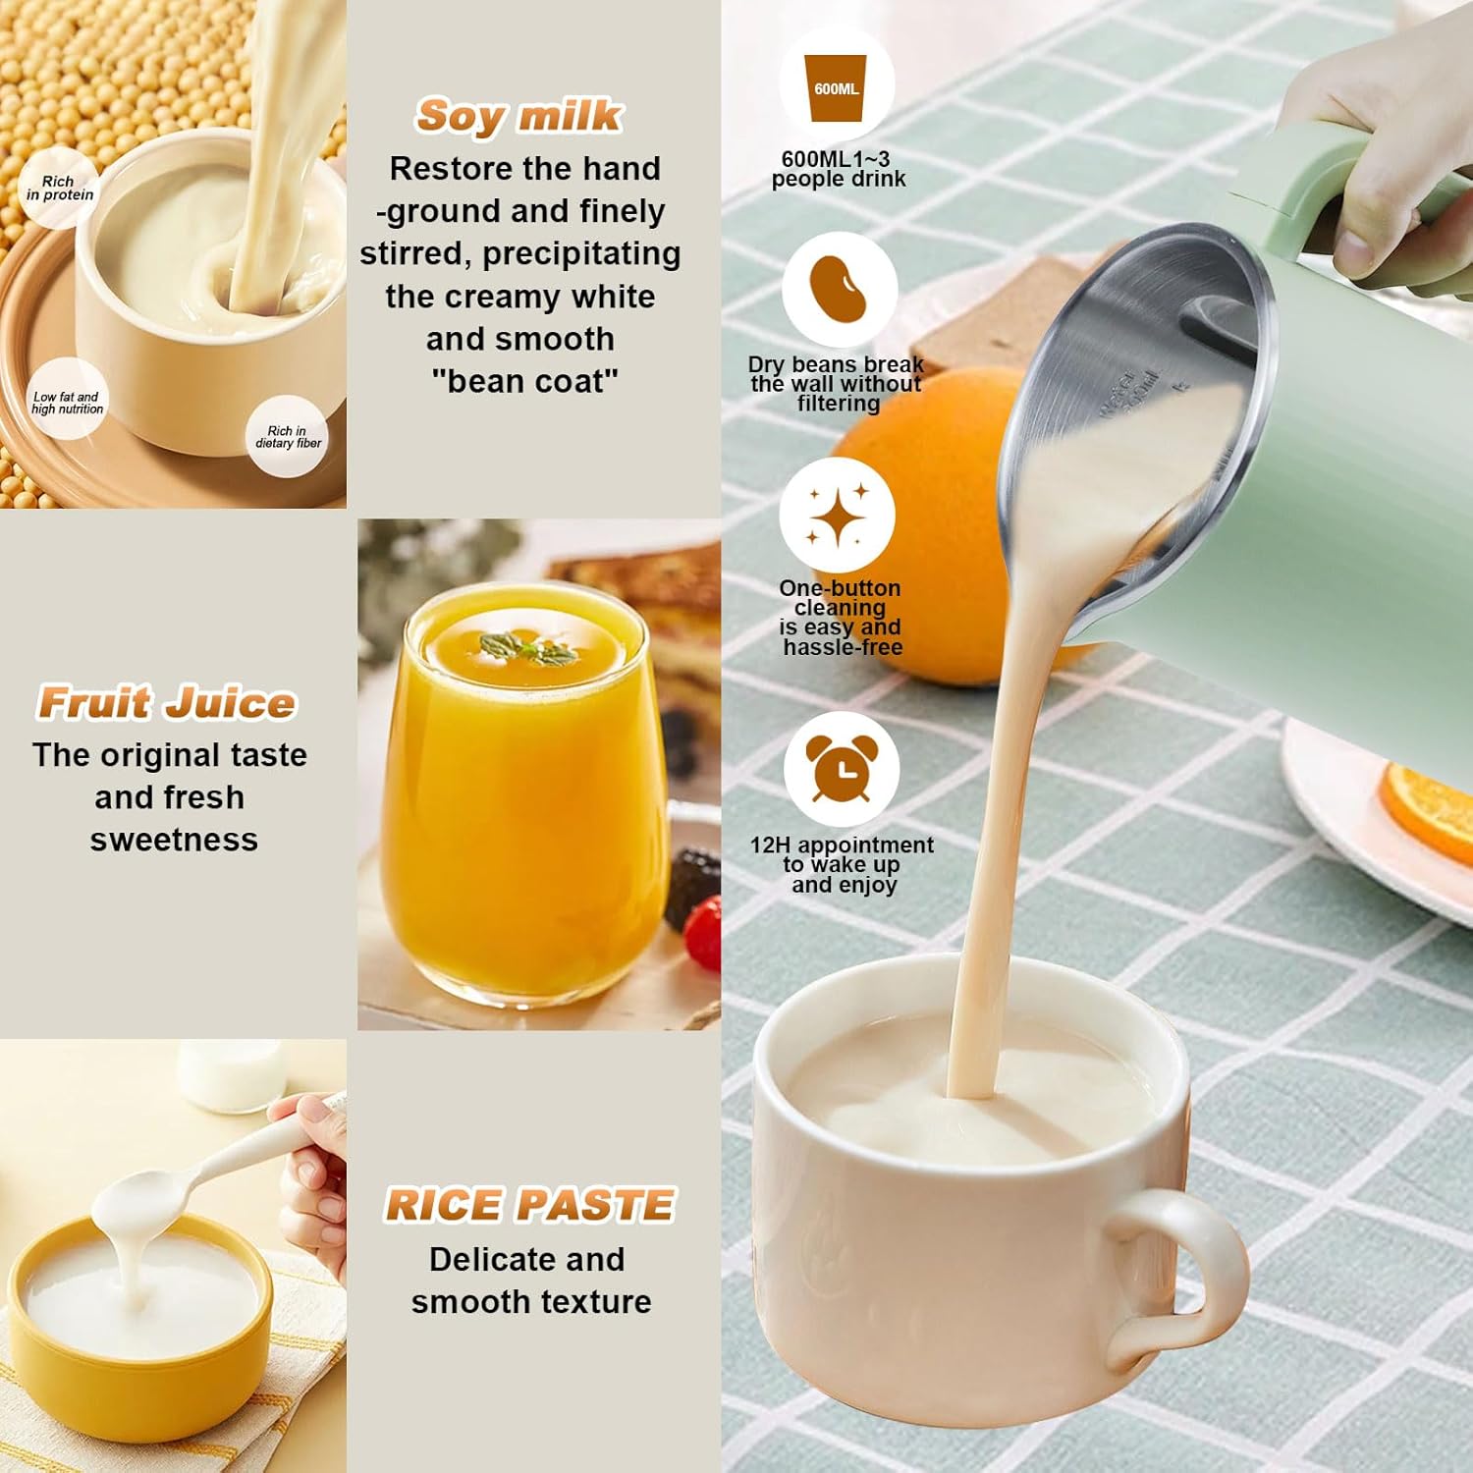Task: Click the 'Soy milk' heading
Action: [518, 116]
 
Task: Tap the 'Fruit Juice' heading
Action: [166, 703]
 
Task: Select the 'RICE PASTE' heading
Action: [529, 1205]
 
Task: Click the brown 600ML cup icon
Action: [836, 88]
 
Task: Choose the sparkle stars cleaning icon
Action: [837, 515]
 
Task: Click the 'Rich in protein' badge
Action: [60, 188]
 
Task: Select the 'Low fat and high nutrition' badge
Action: [67, 403]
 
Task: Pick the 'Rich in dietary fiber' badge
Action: [288, 436]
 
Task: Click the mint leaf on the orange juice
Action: [525, 648]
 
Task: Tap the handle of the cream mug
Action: [1177, 1277]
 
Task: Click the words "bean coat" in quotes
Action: [524, 381]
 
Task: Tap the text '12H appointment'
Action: [842, 845]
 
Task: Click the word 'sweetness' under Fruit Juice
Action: [174, 840]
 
